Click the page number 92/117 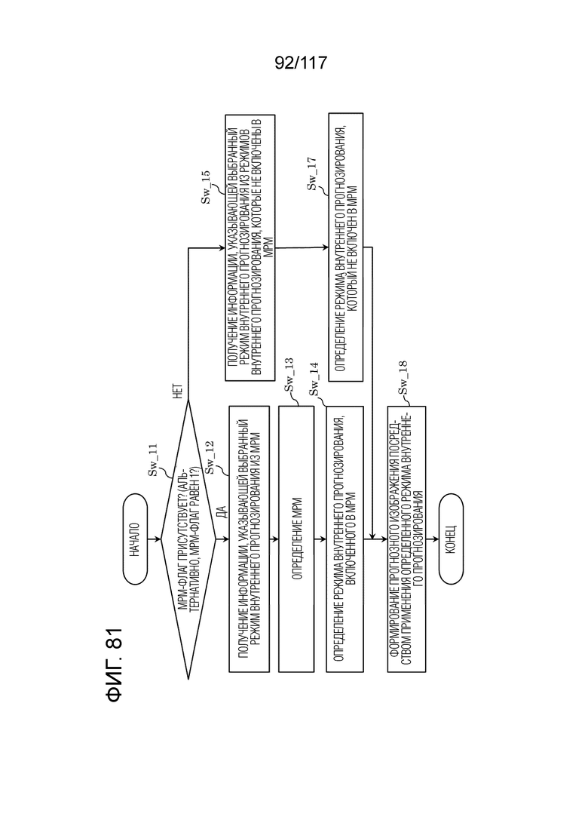point(301,63)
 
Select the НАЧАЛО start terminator point(135,539)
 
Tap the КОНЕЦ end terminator point(451,539)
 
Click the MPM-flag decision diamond point(188,539)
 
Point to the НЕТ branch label point(179,391)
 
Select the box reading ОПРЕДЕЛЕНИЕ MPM point(296,539)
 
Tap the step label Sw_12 point(210,457)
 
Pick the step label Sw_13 point(289,375)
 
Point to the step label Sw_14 point(314,379)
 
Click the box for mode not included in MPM point(346,247)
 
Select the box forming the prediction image point(406,539)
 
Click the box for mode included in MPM point(345,539)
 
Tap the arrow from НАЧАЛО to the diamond point(155,539)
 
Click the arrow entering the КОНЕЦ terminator point(432,539)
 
